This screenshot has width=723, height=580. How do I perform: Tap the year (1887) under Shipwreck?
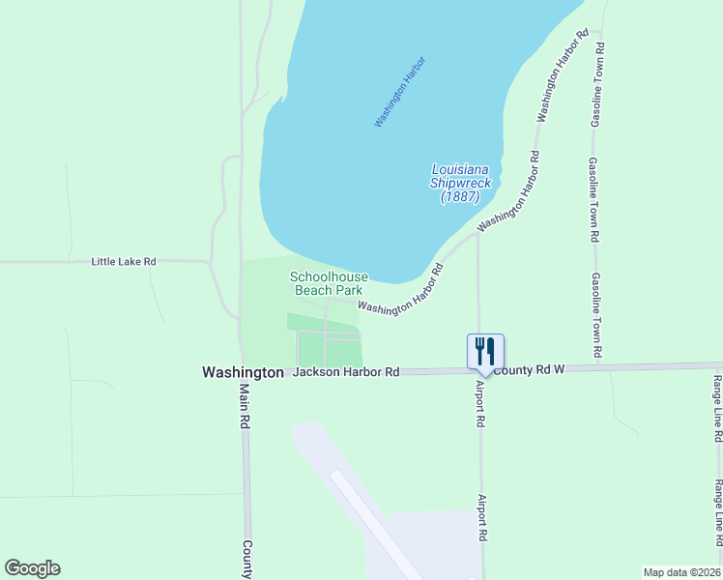click(x=461, y=196)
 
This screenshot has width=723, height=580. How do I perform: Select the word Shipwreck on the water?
click(x=461, y=183)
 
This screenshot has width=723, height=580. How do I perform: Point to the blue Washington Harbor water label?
click(x=400, y=92)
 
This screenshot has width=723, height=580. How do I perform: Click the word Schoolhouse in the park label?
click(x=327, y=276)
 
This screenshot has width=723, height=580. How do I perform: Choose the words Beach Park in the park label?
click(x=328, y=290)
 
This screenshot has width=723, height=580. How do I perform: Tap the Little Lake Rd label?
click(x=124, y=262)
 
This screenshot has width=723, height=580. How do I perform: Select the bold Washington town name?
click(x=243, y=372)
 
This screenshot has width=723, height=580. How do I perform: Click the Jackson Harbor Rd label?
click(x=346, y=371)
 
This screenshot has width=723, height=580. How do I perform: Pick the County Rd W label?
click(x=529, y=370)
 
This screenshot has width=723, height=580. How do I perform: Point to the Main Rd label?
click(x=245, y=407)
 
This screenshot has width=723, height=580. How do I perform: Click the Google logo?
click(x=32, y=568)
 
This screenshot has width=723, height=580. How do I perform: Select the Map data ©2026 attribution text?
click(x=681, y=572)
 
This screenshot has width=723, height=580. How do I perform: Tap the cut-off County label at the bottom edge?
click(x=247, y=560)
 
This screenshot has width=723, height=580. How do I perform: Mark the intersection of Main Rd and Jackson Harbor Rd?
click(x=242, y=371)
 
